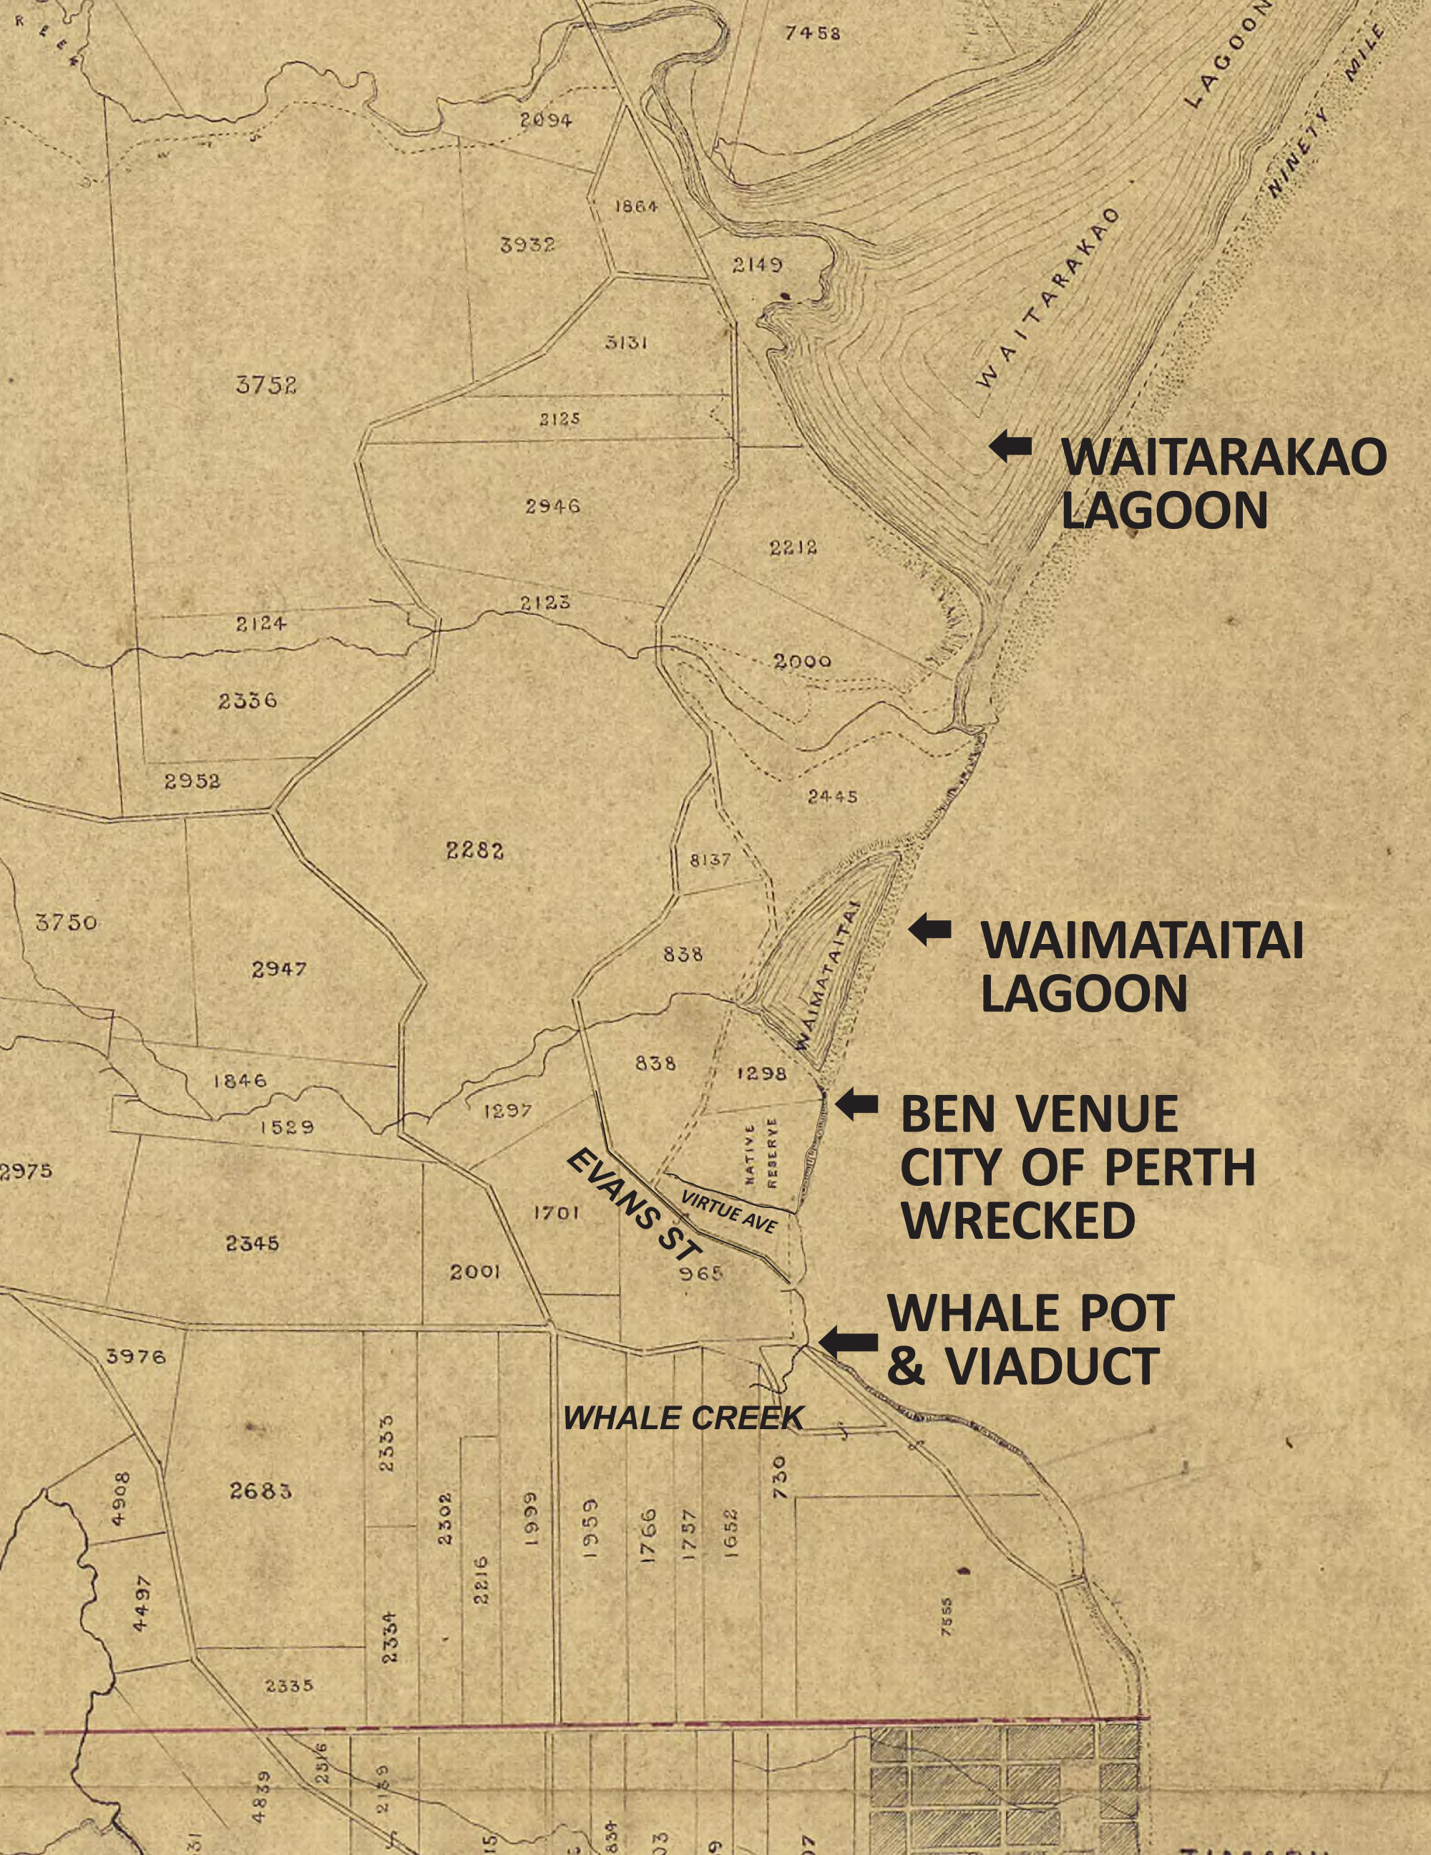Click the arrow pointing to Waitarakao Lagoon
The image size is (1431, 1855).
coord(1010,445)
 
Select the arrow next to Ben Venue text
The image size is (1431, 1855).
coord(857,1104)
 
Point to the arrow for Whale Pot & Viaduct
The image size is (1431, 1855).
coord(849,1340)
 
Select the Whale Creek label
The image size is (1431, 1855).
coord(683,1418)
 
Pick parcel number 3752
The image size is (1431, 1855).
coord(266,385)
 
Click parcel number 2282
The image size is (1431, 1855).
coord(475,849)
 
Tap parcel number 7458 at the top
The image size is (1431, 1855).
coord(813,33)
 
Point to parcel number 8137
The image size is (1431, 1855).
coord(710,860)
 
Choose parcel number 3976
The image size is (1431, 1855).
coord(136,1356)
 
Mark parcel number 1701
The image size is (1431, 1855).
coord(556,1213)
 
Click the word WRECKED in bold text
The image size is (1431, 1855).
coord(1018,1222)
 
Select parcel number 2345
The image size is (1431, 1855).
coord(253,1243)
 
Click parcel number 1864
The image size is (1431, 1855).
coord(635,206)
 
